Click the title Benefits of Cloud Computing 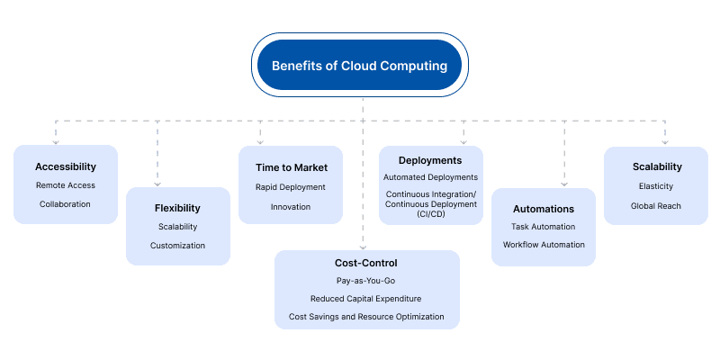tap(360, 66)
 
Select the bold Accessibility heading tap(66, 166)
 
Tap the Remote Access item tap(66, 185)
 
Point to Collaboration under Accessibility tap(66, 204)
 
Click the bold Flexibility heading tap(177, 208)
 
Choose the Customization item tap(177, 245)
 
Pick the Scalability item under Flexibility tap(177, 227)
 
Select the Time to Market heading tap(290, 167)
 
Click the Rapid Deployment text tap(290, 187)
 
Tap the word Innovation tap(290, 206)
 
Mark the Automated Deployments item tap(430, 177)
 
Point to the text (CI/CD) tap(430, 214)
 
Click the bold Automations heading tap(544, 209)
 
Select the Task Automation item tap(544, 227)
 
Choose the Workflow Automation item tap(544, 245)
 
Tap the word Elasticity tap(656, 186)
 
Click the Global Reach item tap(656, 205)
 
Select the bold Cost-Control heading tap(366, 263)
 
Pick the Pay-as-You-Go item tap(366, 281)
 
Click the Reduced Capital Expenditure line tap(366, 298)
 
